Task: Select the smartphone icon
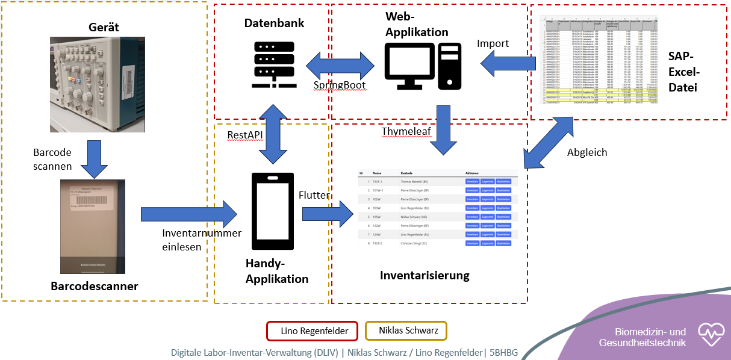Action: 273,211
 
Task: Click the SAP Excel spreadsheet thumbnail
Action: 599,67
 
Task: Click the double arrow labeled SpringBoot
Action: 340,64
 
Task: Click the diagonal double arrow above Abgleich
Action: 549,143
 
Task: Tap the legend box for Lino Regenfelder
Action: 312,331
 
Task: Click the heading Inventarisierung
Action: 425,276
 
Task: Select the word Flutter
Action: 314,195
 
